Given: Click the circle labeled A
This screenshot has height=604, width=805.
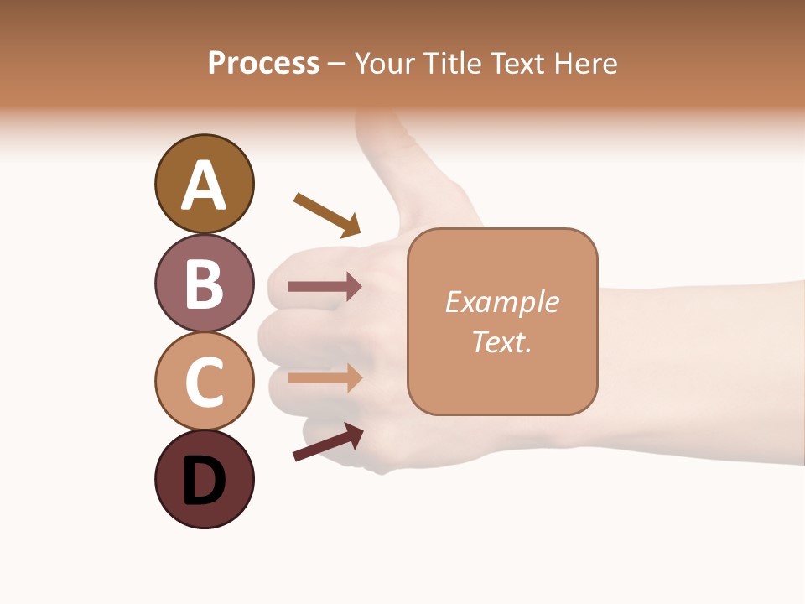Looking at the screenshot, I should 204,184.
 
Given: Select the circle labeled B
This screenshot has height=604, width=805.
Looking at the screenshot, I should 204,283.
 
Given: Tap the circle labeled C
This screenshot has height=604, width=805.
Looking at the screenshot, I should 204,381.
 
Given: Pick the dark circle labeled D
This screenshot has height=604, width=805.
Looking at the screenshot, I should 204,480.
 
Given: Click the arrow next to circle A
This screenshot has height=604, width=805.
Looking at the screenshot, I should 327,215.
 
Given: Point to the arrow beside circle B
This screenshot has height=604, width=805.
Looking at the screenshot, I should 325,287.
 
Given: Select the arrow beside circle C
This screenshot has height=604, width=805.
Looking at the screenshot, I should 325,377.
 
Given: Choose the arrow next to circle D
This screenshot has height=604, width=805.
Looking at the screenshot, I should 328,442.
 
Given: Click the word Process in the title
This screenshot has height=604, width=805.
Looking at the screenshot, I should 263,63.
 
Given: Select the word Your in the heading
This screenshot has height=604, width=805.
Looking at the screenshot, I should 385,63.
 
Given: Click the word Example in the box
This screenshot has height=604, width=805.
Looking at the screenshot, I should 501,303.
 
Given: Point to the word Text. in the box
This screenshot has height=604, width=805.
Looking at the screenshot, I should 501,341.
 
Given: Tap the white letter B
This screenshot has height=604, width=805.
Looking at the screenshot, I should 204,284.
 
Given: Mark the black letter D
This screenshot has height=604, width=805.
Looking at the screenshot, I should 204,481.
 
